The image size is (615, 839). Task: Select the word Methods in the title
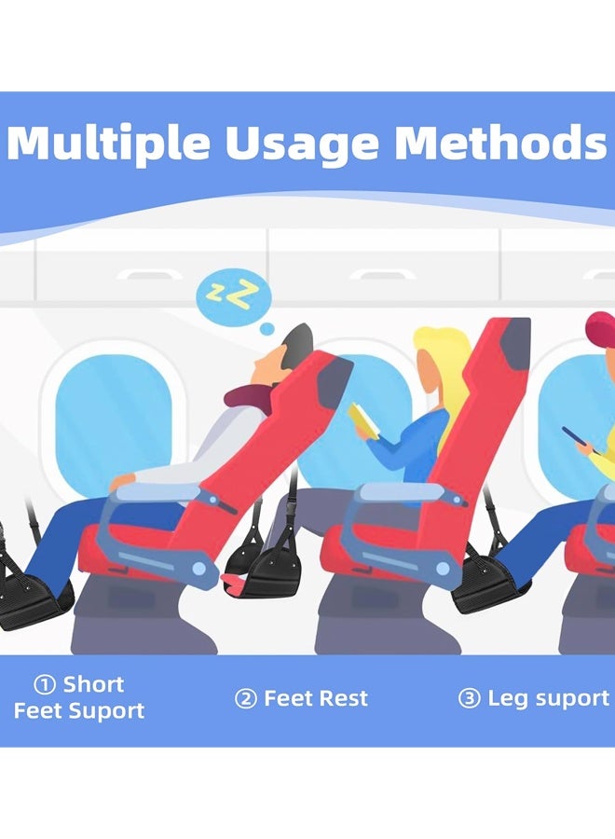(x=501, y=144)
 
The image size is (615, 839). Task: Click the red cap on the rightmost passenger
(x=601, y=328)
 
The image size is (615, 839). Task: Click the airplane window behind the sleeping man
(x=112, y=419)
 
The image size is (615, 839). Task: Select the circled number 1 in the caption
(x=44, y=685)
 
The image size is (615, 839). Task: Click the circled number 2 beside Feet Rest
(x=245, y=699)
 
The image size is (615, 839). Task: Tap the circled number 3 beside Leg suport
(x=469, y=699)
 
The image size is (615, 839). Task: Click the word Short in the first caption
(x=93, y=685)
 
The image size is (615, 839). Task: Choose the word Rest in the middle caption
(x=342, y=699)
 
